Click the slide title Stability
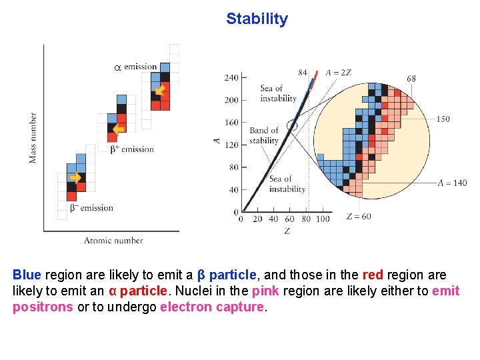(257, 19)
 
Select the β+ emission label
(132, 149)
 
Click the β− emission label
(91, 208)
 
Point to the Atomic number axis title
(113, 240)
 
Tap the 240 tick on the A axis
(231, 78)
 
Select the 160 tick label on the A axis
(231, 123)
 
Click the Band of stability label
(264, 135)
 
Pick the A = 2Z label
(339, 73)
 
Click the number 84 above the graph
(303, 72)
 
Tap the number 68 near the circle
(411, 78)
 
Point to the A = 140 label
(452, 183)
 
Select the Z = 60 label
(359, 217)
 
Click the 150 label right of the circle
(443, 119)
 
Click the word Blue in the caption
(27, 275)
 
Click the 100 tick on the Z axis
(323, 219)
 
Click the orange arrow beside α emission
(160, 91)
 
